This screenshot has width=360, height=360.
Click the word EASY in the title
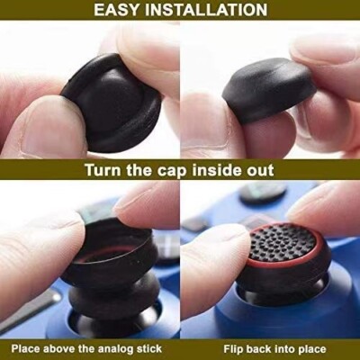point(123,10)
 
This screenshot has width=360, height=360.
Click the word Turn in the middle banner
point(107,170)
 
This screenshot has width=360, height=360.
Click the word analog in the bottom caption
point(114,347)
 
